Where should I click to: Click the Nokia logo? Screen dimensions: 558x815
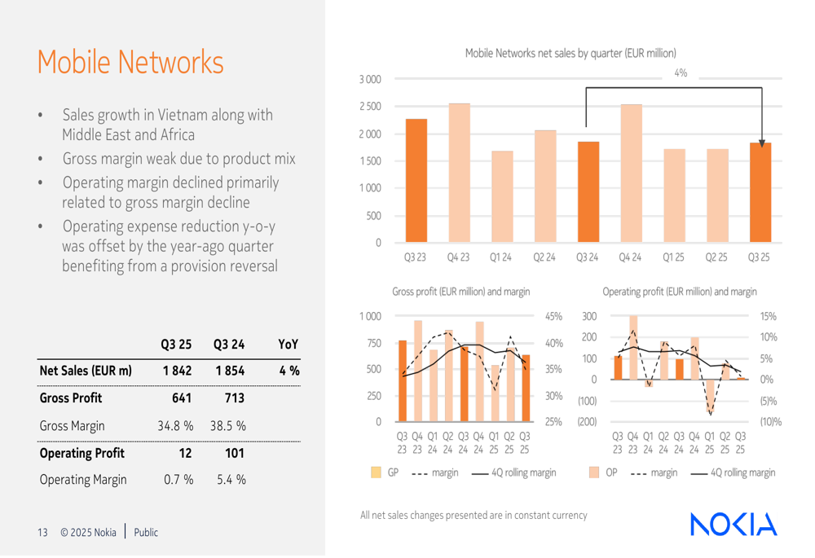(733, 524)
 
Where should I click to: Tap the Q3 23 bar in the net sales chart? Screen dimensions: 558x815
(416, 181)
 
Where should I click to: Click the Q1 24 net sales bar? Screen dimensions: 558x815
(501, 196)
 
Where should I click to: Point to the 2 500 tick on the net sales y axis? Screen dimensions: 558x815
(369, 107)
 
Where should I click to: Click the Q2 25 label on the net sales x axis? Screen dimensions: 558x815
(716, 257)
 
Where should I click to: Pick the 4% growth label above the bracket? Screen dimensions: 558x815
(681, 73)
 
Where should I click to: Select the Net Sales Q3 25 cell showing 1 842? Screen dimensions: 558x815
(176, 371)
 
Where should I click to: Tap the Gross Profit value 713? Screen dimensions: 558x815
(230, 398)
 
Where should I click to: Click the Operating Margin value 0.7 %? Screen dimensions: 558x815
(176, 480)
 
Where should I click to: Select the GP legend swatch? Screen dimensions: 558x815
(376, 472)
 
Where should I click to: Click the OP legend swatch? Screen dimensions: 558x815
(594, 472)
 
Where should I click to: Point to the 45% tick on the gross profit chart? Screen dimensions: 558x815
(553, 316)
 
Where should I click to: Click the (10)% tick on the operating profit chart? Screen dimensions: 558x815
(769, 422)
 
